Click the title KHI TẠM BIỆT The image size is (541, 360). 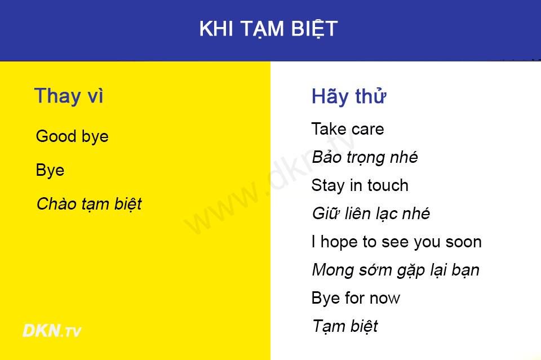click(x=268, y=29)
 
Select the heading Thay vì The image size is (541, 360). click(x=69, y=96)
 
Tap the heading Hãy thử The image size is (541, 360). click(x=348, y=96)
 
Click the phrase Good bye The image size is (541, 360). click(x=72, y=136)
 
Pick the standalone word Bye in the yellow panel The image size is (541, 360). click(x=50, y=170)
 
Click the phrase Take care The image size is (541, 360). click(x=348, y=129)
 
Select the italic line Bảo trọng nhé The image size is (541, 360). click(x=365, y=158)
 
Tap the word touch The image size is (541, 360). click(x=388, y=185)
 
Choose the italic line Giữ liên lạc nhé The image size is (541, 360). click(x=371, y=214)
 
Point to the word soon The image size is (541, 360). click(x=463, y=242)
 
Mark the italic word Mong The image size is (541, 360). click(x=333, y=270)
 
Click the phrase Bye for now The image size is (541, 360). click(x=356, y=298)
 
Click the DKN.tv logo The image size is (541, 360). click(x=52, y=331)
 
